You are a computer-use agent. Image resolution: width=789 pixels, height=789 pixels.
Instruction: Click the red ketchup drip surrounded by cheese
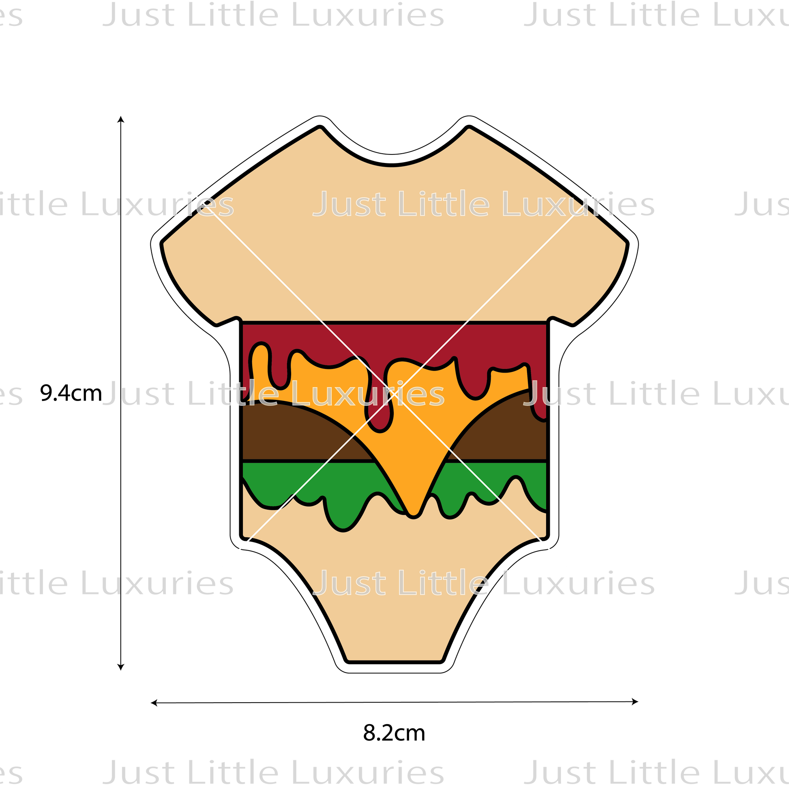pos(380,412)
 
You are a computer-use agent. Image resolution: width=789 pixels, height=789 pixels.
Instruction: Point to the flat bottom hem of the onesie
pos(394,658)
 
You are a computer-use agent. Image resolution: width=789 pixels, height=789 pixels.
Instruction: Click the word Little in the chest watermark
pos(444,204)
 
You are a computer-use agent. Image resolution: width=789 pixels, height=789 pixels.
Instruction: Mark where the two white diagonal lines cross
pos(394,394)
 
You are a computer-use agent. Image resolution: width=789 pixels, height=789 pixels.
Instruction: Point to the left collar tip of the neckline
pos(320,131)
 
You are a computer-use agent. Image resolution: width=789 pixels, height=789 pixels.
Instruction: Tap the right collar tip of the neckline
pos(469,131)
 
